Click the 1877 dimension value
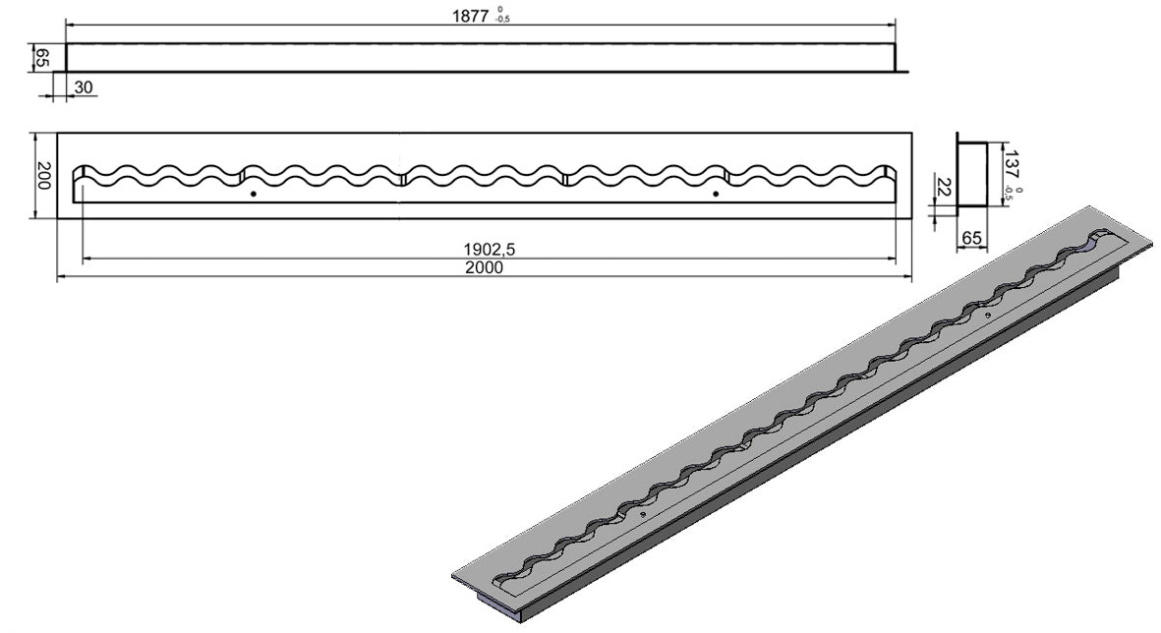pyautogui.click(x=470, y=17)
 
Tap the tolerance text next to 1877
pyautogui.click(x=502, y=15)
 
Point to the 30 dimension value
pyautogui.click(x=84, y=87)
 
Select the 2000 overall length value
pyautogui.click(x=485, y=267)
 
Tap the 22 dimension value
pyautogui.click(x=944, y=187)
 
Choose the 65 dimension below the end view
pyautogui.click(x=970, y=238)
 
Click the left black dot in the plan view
pyautogui.click(x=254, y=194)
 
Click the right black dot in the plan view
pyautogui.click(x=716, y=194)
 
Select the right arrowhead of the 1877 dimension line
pyautogui.click(x=892, y=26)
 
